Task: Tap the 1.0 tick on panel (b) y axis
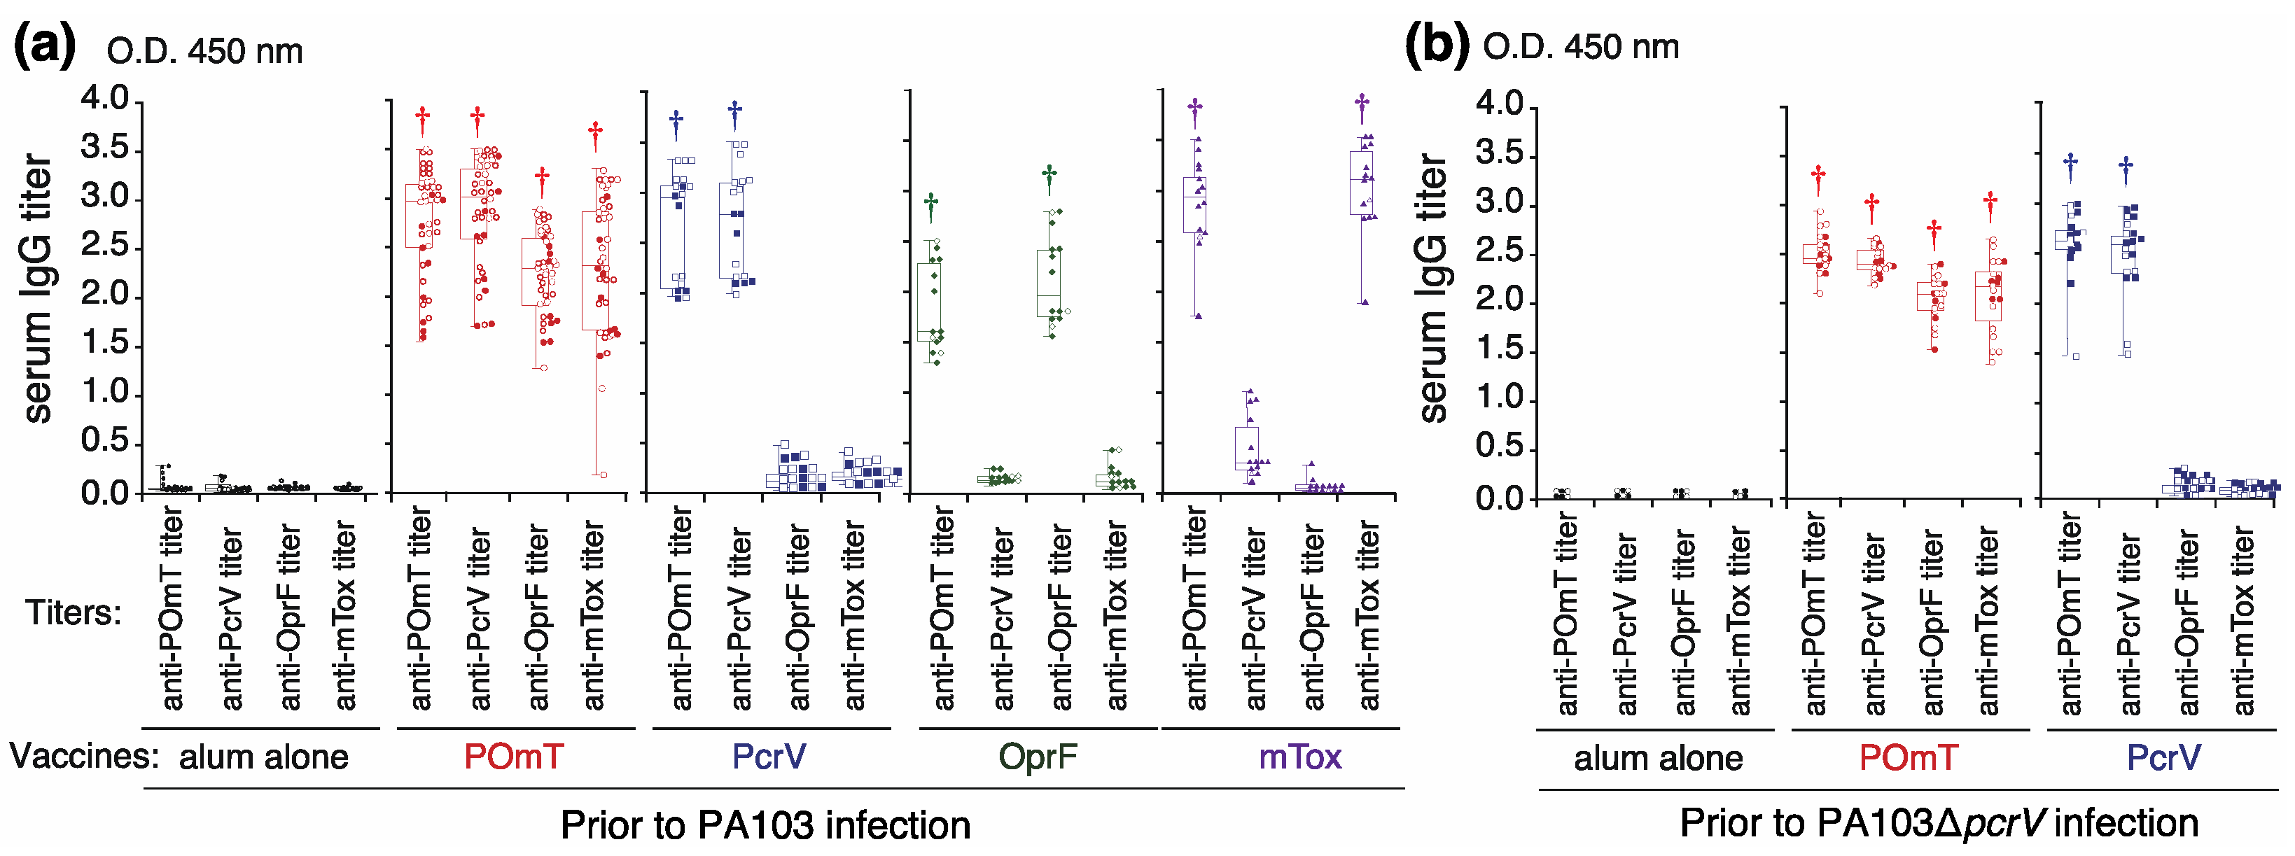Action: coord(1500,399)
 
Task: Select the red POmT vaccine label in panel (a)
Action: coord(513,757)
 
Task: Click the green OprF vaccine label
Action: coord(1037,757)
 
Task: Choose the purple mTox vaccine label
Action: coord(1300,757)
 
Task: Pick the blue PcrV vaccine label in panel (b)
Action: coord(2163,758)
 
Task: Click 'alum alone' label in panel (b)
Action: coord(1658,758)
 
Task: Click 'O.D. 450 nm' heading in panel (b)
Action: coord(1580,47)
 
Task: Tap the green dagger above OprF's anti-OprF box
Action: coord(1049,179)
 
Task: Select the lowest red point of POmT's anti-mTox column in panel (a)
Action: coord(602,475)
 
